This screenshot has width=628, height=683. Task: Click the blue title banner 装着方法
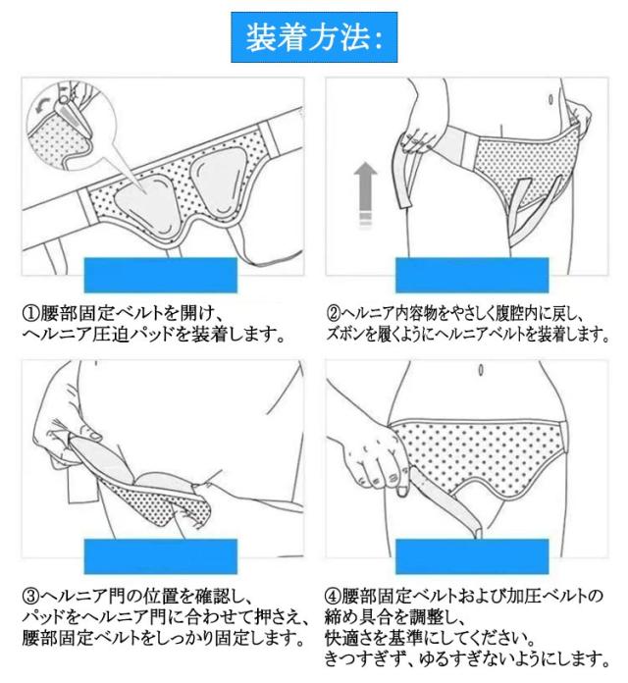[314, 37]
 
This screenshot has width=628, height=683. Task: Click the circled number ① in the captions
[30, 313]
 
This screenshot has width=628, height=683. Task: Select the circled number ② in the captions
[334, 313]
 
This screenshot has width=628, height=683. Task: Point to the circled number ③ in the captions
[30, 596]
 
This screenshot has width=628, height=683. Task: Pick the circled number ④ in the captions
[333, 596]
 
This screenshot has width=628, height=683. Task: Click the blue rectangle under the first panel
[161, 275]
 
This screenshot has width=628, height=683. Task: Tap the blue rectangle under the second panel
[472, 275]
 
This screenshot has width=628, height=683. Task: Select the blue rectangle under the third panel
[161, 556]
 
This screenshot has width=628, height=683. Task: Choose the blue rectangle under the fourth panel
[472, 556]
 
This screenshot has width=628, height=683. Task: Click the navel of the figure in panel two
[550, 99]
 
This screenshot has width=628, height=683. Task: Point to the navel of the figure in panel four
[481, 370]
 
